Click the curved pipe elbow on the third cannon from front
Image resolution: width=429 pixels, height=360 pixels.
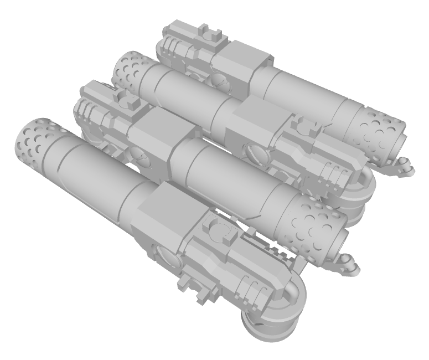coord(363,186)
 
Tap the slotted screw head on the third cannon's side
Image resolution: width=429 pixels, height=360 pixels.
coord(254,150)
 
